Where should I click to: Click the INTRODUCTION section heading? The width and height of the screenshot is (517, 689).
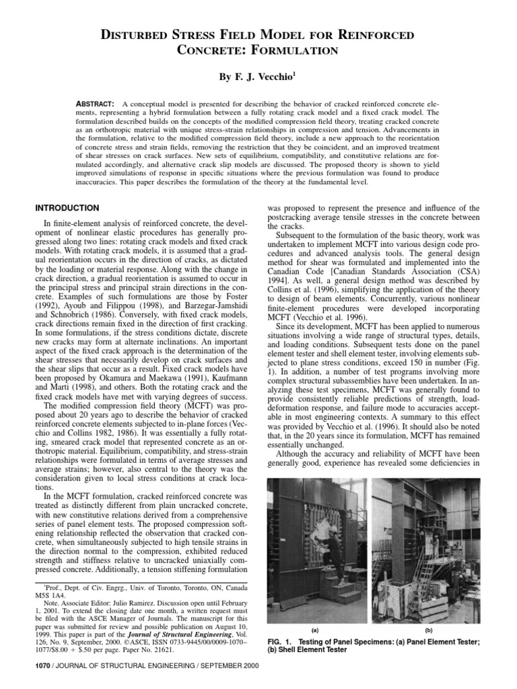pos(67,207)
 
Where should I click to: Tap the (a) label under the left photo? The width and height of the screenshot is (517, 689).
pos(316,630)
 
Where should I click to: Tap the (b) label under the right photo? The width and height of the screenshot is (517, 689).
pos(428,630)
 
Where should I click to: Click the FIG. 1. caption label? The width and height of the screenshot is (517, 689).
pos(282,641)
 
